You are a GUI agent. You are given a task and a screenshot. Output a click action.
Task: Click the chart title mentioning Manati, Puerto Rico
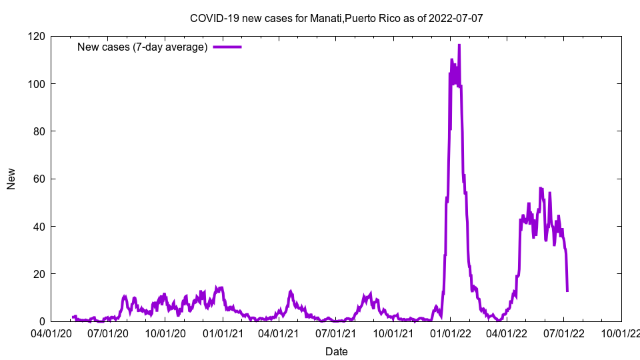click(x=336, y=18)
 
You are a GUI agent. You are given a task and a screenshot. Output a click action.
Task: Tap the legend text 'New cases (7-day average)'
click(x=143, y=47)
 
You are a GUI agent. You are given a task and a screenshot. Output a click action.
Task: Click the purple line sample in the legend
click(x=227, y=47)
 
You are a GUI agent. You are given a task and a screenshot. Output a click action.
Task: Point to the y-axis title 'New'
click(x=11, y=179)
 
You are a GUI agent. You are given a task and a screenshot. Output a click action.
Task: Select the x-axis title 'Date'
click(x=336, y=351)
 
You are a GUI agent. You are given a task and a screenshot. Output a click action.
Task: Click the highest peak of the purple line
click(x=459, y=45)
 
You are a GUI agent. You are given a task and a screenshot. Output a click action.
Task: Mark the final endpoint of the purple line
click(x=567, y=291)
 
